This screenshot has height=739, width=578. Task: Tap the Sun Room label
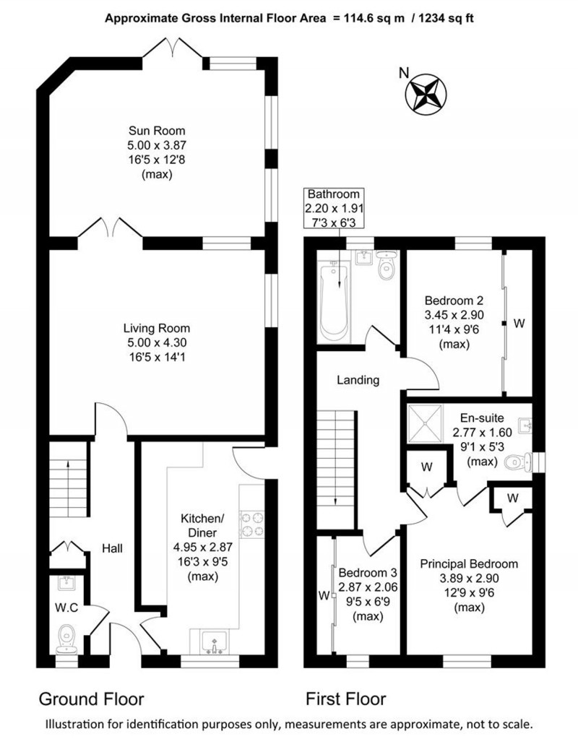[157, 131]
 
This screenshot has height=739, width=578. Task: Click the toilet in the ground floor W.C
[66, 636]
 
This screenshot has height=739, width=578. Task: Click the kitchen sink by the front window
[215, 641]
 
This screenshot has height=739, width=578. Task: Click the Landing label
[358, 380]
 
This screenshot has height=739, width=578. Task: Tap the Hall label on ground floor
[111, 548]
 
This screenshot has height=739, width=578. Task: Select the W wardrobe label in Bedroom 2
[518, 324]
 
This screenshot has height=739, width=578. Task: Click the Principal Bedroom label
[469, 563]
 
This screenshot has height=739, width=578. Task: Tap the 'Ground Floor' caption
[91, 699]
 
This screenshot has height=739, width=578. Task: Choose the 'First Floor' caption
[345, 699]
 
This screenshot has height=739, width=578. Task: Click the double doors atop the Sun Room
[171, 51]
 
